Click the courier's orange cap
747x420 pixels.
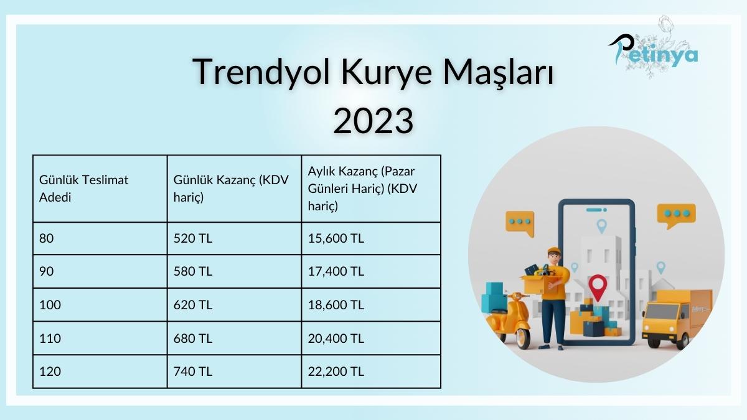(x=553, y=251)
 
